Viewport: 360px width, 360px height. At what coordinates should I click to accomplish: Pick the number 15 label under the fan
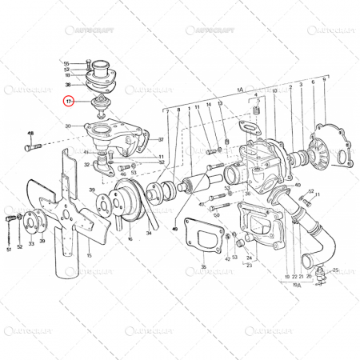90,255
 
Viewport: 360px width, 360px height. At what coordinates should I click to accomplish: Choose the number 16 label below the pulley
130,238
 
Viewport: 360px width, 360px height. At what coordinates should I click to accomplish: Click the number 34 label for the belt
149,233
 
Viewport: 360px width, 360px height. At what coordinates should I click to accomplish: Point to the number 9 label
324,80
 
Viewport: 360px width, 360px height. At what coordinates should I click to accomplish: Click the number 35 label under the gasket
203,266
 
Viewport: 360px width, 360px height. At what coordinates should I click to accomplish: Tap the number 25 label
337,270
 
